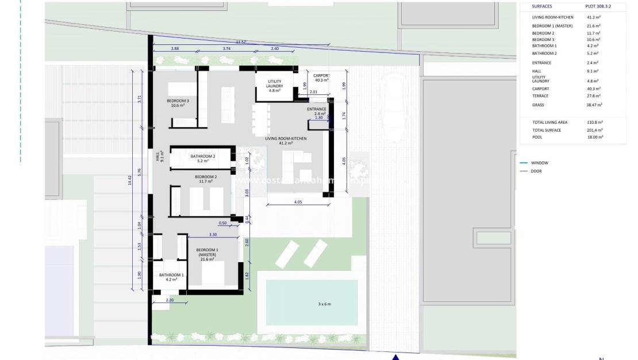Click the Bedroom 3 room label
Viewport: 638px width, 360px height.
178,103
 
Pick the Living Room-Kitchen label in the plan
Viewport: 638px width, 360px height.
286,139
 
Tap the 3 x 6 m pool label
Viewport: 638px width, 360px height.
325,304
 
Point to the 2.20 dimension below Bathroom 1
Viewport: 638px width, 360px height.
169,300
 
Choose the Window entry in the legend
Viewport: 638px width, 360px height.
539,163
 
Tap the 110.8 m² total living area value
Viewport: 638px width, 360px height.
594,122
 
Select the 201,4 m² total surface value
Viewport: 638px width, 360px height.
594,130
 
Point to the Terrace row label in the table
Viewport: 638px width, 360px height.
540,96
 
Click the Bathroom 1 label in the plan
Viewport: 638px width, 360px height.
172,277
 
